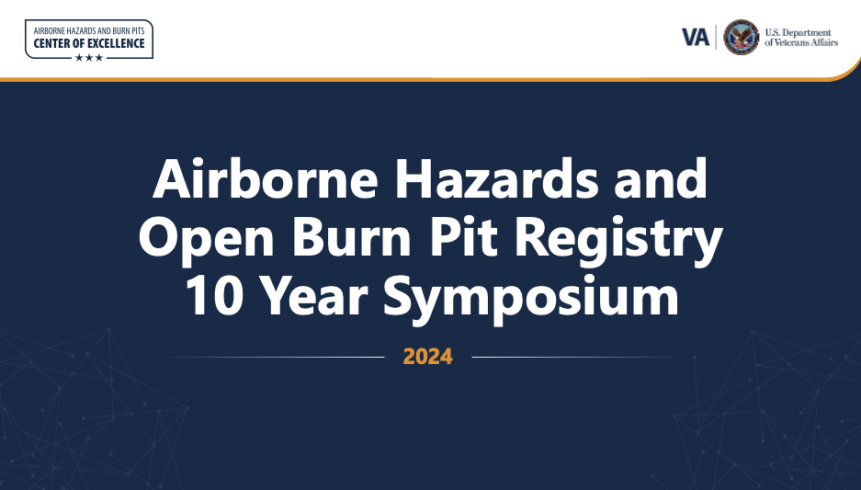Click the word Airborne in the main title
[266, 178]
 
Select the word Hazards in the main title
[496, 178]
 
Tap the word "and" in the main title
[661, 178]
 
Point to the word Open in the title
[207, 237]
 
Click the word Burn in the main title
[351, 237]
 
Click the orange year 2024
[428, 357]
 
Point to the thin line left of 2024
[274, 357]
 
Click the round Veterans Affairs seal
[742, 38]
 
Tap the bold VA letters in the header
[696, 38]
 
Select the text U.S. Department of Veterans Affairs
[801, 38]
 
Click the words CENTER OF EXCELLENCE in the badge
[89, 43]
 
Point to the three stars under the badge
[89, 58]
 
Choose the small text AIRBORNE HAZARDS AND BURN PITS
[89, 30]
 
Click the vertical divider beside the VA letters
[716, 38]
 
